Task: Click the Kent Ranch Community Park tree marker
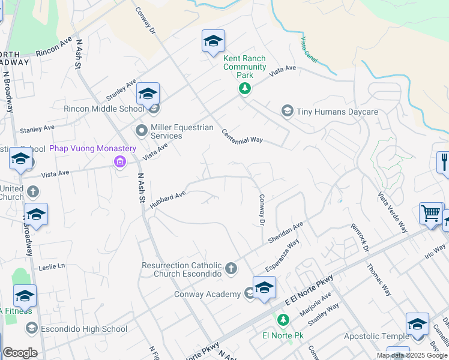click(x=244, y=89)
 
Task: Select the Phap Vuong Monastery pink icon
click(x=119, y=161)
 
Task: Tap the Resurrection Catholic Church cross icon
click(x=232, y=269)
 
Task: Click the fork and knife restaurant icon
click(x=444, y=163)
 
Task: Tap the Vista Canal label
click(x=308, y=49)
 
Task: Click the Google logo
click(x=20, y=353)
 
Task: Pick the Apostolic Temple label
click(x=372, y=337)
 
